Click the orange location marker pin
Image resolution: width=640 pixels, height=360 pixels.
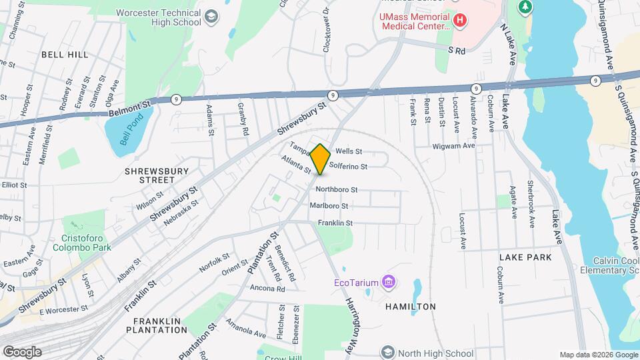[321, 159]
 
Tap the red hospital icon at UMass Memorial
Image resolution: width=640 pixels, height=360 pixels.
[459, 21]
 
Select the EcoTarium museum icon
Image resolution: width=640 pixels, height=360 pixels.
[389, 283]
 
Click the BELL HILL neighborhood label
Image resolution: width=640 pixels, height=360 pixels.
[64, 55]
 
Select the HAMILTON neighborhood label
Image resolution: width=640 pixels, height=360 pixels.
[410, 307]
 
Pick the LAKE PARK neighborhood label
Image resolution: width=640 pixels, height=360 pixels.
[525, 257]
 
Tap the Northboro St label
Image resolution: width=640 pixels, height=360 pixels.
[337, 189]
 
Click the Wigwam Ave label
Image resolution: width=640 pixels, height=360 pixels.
[453, 145]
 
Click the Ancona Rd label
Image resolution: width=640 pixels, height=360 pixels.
[267, 289]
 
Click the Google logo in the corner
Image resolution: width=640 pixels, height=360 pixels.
[21, 351]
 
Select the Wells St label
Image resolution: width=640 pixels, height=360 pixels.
[349, 151]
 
